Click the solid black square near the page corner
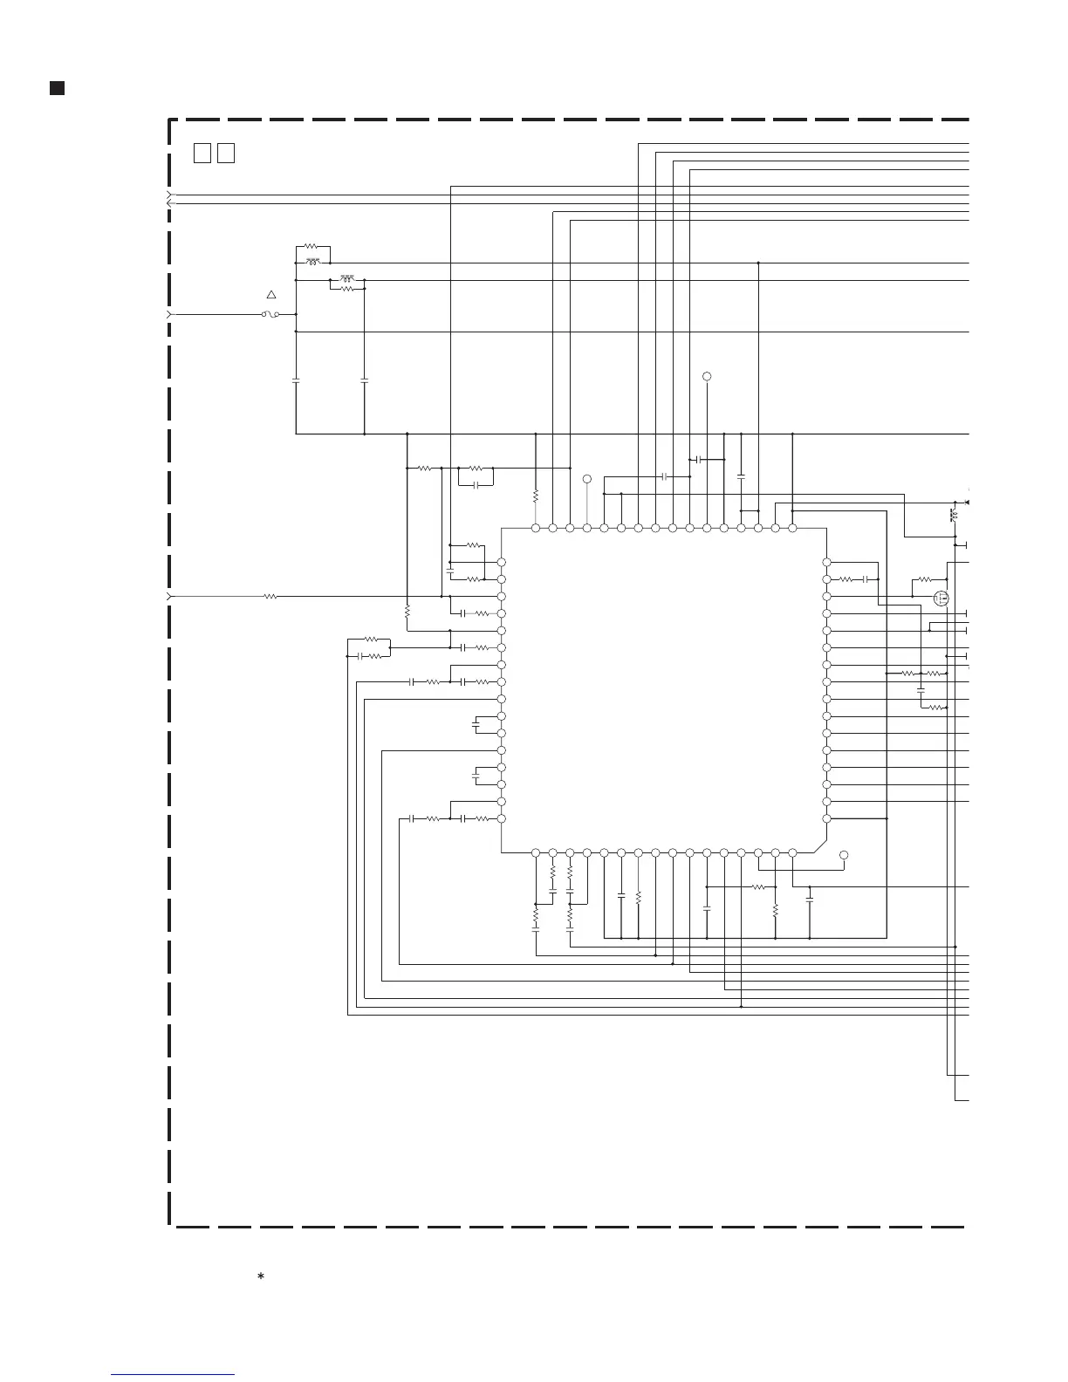pos(57,88)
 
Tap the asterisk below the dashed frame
pos(260,1276)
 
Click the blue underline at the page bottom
pos(173,1374)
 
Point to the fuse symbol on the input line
pos(270,314)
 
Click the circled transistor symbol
pos(941,599)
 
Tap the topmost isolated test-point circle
pos(707,376)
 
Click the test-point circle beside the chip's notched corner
pos(844,855)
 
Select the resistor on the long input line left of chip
pos(270,597)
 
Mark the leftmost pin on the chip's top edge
pos(536,528)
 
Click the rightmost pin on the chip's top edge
pos(792,528)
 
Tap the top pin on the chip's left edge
pos(502,563)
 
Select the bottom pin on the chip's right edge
pos(826,818)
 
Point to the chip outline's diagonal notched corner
pos(819,845)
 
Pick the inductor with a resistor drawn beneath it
pos(347,279)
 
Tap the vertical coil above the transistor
pos(953,515)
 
